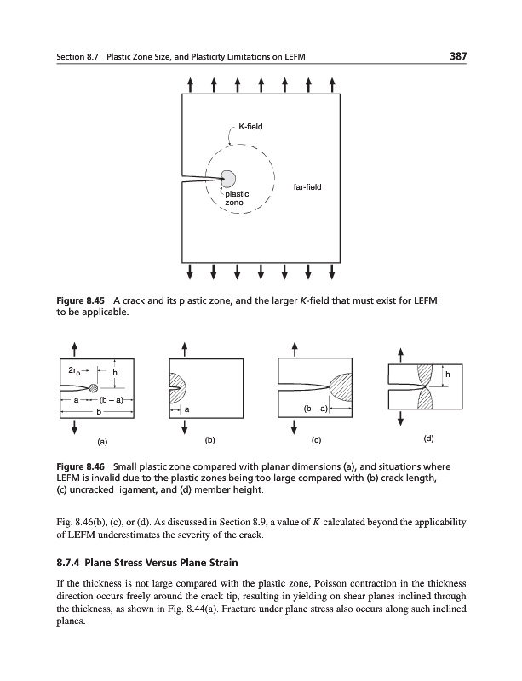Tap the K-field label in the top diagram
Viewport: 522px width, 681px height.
pos(250,127)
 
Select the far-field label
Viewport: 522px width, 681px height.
pos(306,186)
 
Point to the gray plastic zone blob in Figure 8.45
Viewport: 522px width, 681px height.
pos(228,178)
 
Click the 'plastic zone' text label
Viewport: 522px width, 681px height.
pos(236,199)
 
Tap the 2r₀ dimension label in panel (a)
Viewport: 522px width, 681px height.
pos(76,370)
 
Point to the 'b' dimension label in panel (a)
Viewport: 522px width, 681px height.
pos(97,412)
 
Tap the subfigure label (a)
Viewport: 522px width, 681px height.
pos(102,442)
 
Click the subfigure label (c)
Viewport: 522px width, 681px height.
pos(316,441)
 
